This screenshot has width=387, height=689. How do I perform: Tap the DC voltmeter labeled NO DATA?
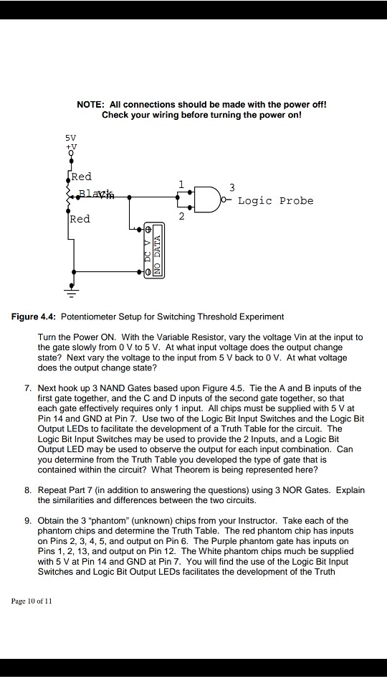pyautogui.click(x=153, y=250)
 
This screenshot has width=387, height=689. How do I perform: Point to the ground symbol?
pyautogui.click(x=70, y=291)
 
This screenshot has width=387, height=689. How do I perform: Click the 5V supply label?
pyautogui.click(x=70, y=136)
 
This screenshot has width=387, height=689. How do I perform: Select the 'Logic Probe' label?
pyautogui.click(x=275, y=201)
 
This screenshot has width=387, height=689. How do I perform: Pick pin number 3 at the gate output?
pyautogui.click(x=231, y=187)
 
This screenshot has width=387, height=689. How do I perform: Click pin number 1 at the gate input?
pyautogui.click(x=183, y=184)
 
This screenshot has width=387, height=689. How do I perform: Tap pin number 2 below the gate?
pyautogui.click(x=183, y=216)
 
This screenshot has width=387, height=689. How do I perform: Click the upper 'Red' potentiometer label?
pyautogui.click(x=81, y=177)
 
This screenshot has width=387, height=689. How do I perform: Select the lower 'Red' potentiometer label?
pyautogui.click(x=80, y=219)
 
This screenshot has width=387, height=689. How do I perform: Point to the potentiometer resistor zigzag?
pyautogui.click(x=70, y=194)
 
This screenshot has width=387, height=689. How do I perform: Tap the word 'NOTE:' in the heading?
pyautogui.click(x=92, y=104)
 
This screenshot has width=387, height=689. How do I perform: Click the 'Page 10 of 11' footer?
pyautogui.click(x=32, y=601)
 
